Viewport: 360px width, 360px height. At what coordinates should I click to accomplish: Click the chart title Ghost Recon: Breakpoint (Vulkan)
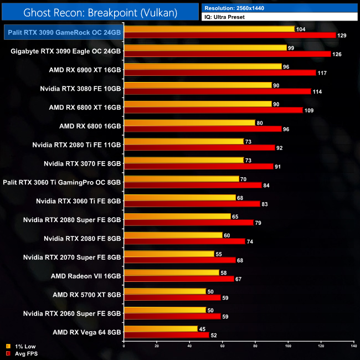[100, 11]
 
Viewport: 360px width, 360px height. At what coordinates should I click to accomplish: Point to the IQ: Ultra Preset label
[225, 17]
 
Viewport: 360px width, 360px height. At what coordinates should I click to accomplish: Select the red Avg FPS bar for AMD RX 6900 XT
[220, 73]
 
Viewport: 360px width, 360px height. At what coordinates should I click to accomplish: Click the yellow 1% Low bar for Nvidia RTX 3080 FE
[198, 85]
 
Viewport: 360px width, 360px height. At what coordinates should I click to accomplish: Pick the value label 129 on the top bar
[343, 35]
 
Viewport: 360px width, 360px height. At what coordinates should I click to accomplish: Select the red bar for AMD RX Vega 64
[167, 335]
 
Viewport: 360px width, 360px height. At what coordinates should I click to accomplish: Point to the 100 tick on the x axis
[288, 346]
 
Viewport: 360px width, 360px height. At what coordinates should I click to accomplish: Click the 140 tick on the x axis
[353, 346]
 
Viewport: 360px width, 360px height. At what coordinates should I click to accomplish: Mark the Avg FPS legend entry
[22, 353]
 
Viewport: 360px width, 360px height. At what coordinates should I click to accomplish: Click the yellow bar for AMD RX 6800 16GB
[189, 122]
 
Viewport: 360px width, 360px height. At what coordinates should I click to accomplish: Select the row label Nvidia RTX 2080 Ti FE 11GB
[76, 145]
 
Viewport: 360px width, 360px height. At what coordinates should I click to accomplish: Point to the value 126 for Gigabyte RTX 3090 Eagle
[338, 54]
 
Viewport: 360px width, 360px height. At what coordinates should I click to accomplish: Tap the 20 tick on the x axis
[157, 346]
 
